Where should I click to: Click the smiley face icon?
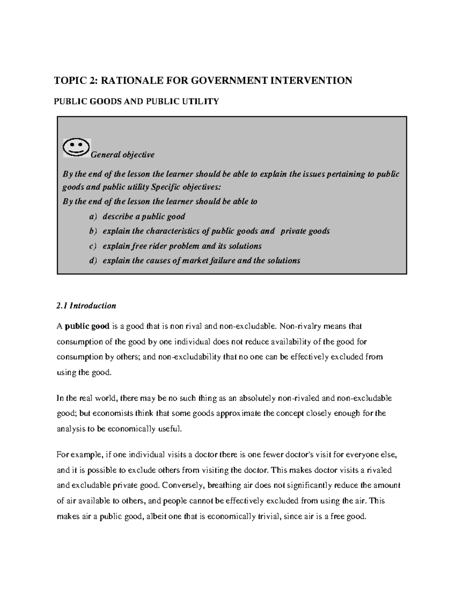[77, 148]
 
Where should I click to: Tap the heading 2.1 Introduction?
[86, 306]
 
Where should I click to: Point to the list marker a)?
[93, 217]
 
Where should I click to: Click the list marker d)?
[93, 261]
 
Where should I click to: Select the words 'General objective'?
[122, 155]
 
